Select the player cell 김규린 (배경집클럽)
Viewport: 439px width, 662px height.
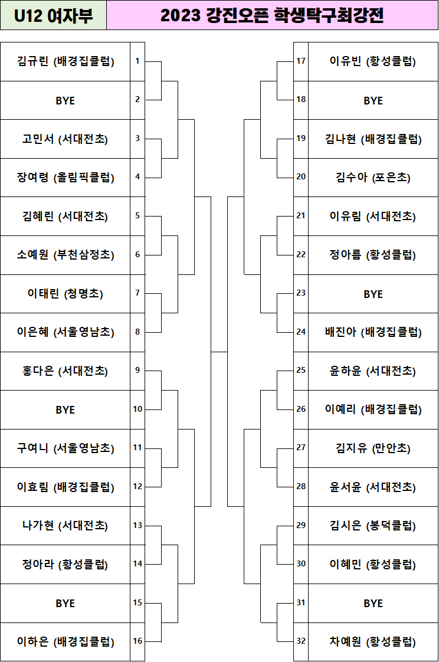coord(65,61)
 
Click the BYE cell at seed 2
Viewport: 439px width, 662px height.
coord(65,100)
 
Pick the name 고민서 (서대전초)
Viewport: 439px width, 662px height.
coord(65,139)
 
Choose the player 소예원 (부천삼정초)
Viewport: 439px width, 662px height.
coord(65,255)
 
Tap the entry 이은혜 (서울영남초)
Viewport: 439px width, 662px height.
coord(65,332)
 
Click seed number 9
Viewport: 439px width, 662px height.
coord(137,370)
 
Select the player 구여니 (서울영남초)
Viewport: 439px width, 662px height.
coord(65,448)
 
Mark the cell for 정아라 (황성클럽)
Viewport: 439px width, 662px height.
coord(65,565)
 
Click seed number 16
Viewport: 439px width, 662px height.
coord(137,641)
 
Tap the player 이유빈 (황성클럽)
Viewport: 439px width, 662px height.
coord(373,61)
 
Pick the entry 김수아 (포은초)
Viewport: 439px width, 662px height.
coord(373,178)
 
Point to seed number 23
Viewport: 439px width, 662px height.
coord(301,293)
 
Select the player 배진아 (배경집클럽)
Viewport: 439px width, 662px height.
coord(373,332)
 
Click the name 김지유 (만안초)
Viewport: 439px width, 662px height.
coord(373,448)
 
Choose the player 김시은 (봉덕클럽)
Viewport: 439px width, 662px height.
coord(373,526)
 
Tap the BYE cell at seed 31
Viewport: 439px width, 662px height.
coord(373,604)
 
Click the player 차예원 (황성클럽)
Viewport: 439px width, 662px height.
coord(373,642)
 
